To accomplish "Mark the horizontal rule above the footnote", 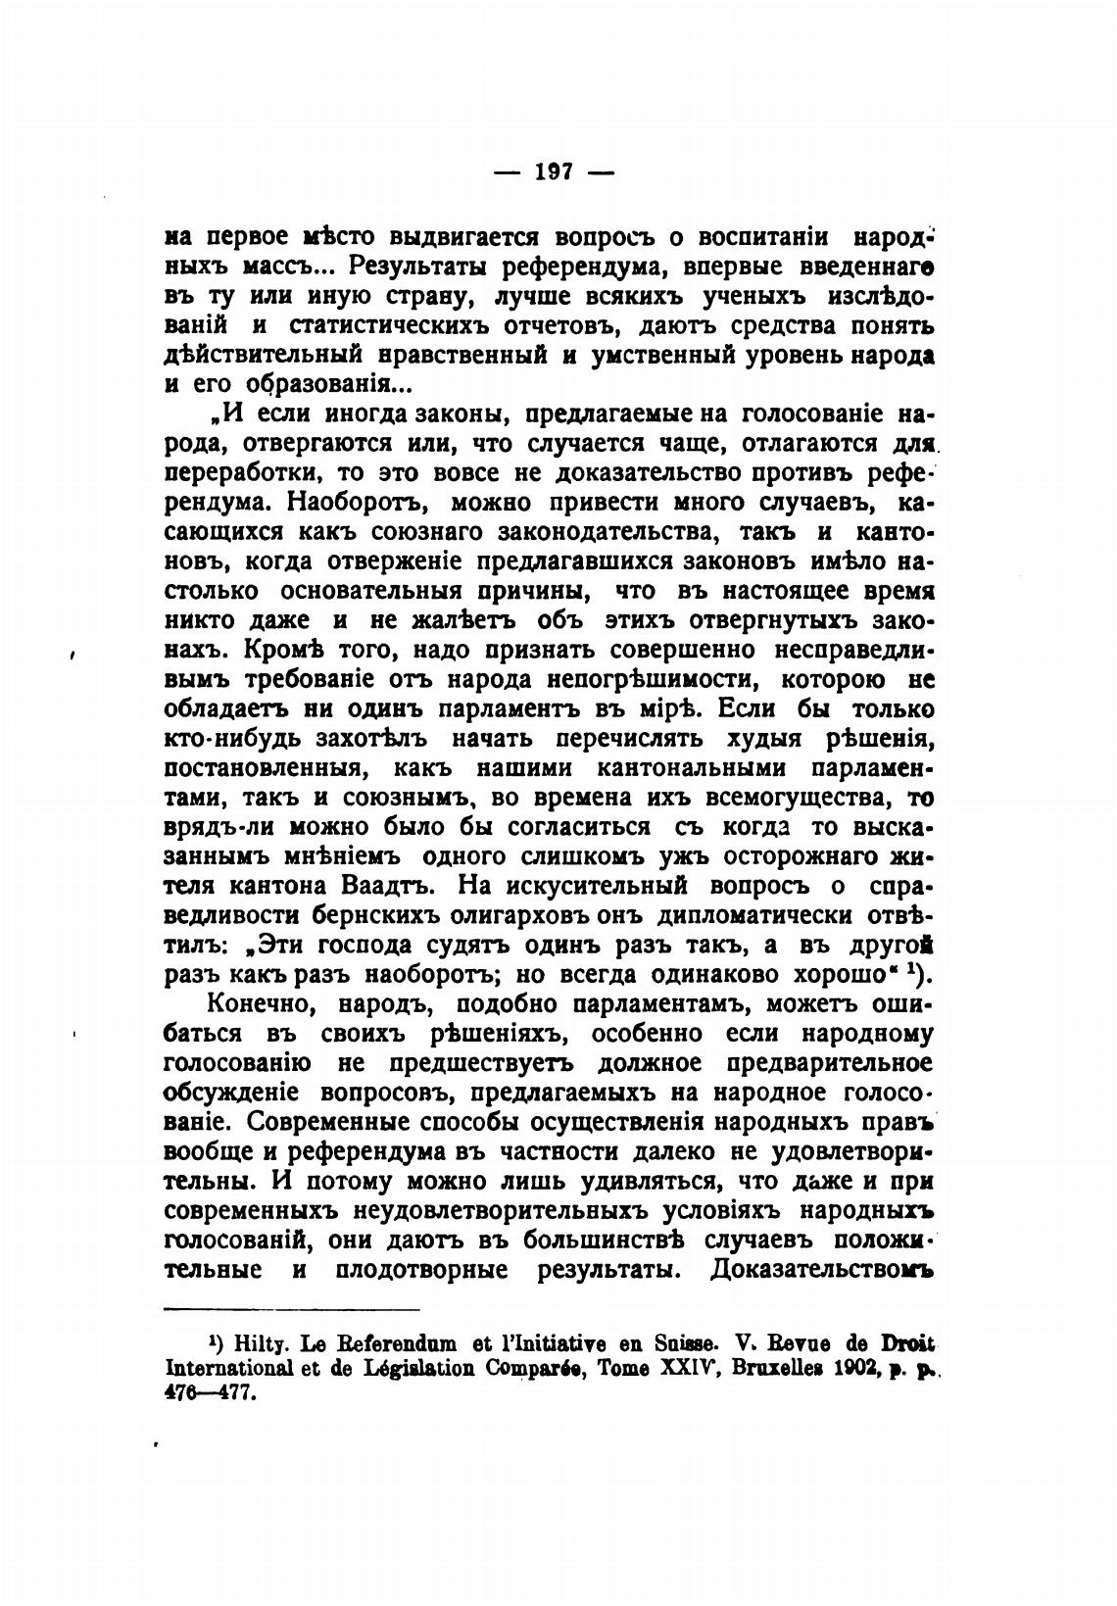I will tap(291, 1309).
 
